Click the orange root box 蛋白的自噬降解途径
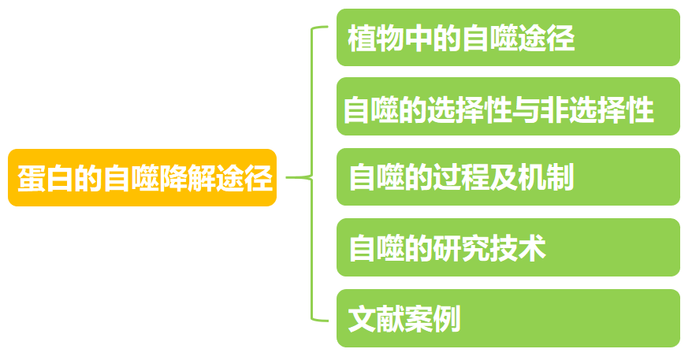143,178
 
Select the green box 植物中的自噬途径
508,38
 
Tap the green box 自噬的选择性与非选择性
508,108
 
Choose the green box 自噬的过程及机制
508,178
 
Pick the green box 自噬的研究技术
508,248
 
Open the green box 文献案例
508,318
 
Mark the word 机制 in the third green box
547,179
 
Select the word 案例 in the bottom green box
433,319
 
